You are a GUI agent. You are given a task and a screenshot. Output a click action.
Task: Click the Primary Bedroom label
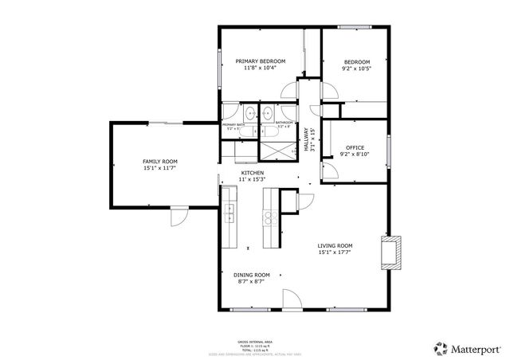pos(261,61)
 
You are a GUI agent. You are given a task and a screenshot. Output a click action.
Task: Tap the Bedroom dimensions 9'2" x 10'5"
pos(356,68)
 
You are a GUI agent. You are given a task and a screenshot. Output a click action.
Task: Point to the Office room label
pos(355,147)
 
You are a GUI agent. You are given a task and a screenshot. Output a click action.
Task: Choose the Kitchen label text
pos(253,174)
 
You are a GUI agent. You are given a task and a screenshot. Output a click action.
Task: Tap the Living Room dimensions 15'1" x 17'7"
pos(335,252)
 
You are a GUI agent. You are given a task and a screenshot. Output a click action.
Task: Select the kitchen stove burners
pos(271,217)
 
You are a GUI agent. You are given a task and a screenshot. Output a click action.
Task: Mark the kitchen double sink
pos(229,213)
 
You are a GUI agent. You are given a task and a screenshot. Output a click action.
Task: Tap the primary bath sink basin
pos(249,112)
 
